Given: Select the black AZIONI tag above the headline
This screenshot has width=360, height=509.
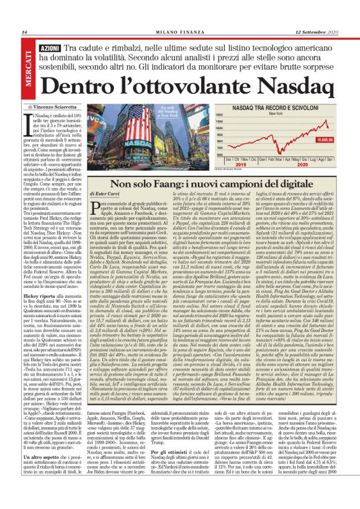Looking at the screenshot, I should [50, 48].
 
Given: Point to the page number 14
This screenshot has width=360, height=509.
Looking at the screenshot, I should [24, 32].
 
